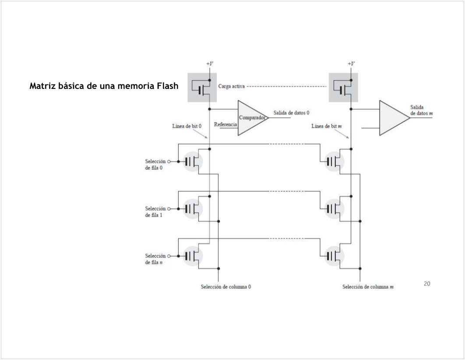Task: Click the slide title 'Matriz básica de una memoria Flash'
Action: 104,86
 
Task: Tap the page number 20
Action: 427,284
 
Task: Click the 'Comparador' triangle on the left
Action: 252,118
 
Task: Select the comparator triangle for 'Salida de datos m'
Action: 393,118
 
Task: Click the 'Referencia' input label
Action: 225,125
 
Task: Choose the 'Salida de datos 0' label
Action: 291,113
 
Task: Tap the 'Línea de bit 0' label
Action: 187,126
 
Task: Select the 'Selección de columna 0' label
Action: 226,287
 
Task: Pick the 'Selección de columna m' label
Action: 368,287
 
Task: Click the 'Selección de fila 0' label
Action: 155,165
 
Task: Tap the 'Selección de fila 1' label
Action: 155,212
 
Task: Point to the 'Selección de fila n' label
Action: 155,259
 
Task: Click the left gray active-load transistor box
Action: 202,88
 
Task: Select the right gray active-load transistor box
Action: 343,88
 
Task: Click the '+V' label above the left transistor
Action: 210,64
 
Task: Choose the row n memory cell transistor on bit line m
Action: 334,255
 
